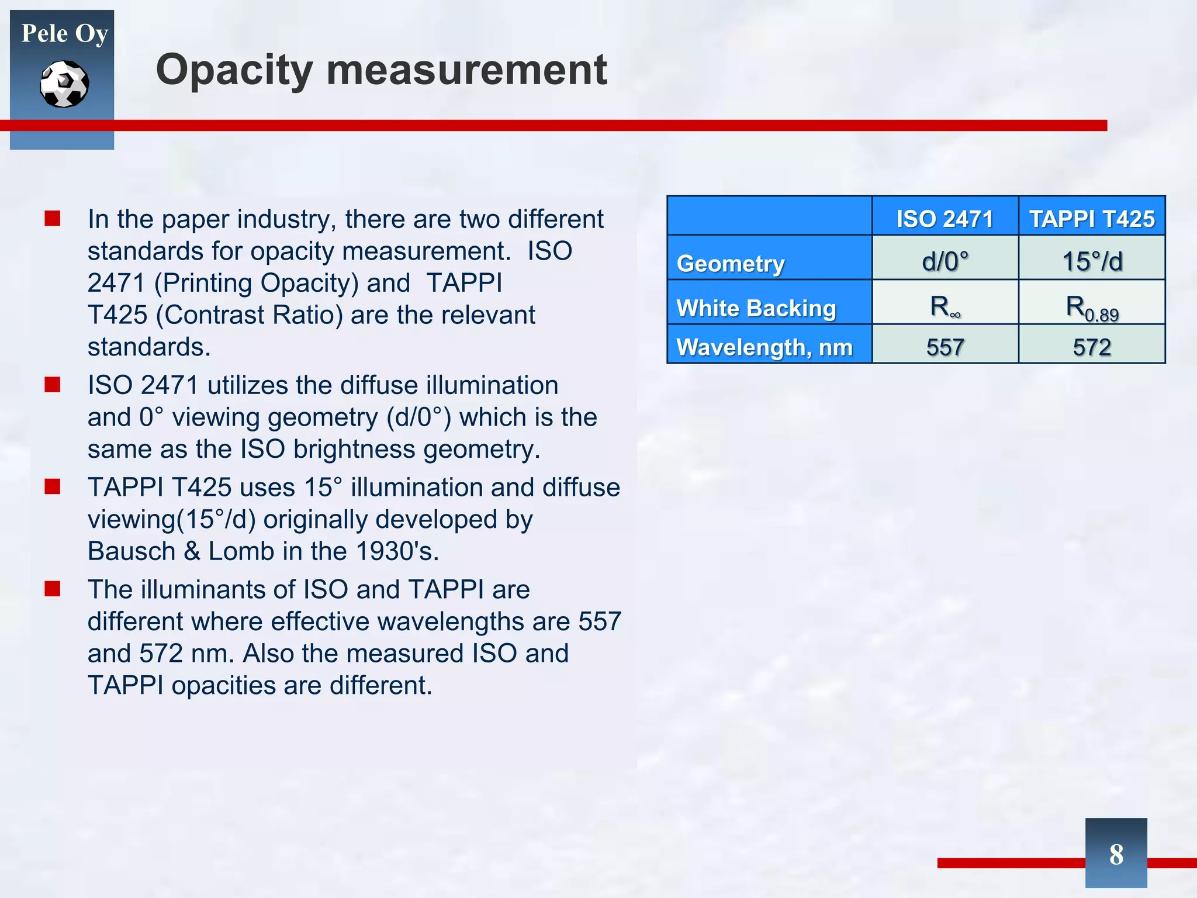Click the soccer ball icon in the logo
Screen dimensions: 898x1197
64,84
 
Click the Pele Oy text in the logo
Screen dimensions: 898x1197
64,33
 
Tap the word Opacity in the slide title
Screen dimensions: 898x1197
234,70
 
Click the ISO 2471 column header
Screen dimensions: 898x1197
945,219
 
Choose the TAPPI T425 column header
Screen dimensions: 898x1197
1091,219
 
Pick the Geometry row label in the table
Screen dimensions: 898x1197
730,264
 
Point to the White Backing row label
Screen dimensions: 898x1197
756,308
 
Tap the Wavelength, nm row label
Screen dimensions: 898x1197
764,347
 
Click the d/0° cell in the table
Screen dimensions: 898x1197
945,261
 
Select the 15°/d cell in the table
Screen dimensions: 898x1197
1091,261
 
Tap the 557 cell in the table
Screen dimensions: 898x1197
945,347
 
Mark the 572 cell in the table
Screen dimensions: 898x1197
1091,347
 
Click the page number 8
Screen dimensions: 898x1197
1116,854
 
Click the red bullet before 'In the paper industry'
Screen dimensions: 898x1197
53,219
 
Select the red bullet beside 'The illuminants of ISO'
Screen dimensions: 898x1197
53,589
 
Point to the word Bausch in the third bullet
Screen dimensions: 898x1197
132,551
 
